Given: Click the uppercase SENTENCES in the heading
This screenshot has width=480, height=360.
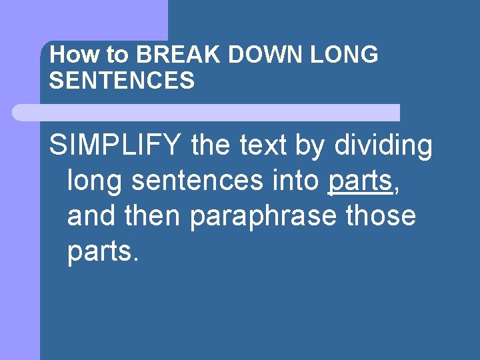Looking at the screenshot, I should click(122, 81).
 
